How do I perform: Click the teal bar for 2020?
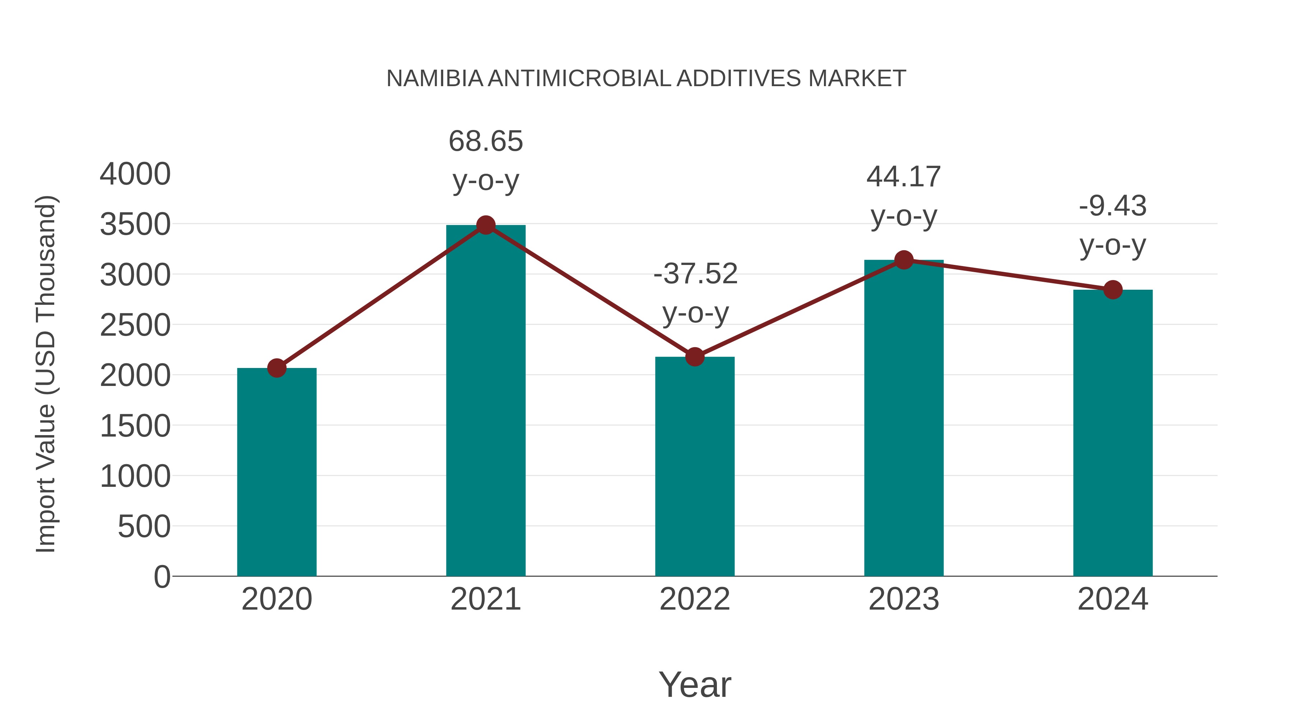[x=277, y=472]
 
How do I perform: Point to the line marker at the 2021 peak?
[x=485, y=225]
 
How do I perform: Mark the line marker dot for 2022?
[x=695, y=357]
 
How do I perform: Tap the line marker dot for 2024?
[x=1113, y=289]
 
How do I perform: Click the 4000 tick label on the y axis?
[x=135, y=174]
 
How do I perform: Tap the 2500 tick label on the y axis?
[x=135, y=325]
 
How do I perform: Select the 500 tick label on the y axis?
[x=144, y=526]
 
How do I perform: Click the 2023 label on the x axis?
[x=904, y=599]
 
